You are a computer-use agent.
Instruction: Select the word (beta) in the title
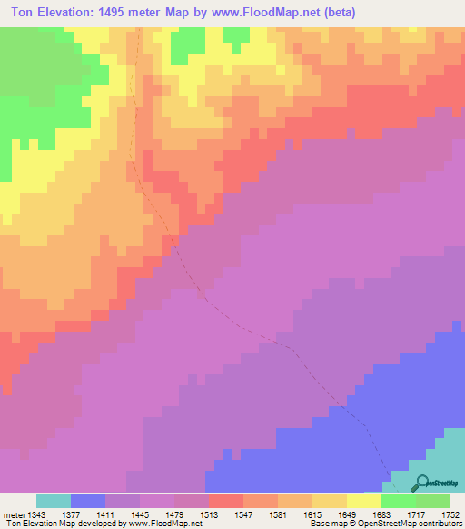tap(339, 13)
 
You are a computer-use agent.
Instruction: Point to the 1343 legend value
tap(36, 514)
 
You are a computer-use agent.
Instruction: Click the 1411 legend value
tap(105, 514)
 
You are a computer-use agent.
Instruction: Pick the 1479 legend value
tap(174, 514)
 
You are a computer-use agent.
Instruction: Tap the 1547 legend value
tap(243, 514)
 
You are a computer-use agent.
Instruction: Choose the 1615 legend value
tap(312, 514)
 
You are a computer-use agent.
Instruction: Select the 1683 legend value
tap(381, 514)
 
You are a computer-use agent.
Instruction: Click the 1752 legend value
tap(450, 514)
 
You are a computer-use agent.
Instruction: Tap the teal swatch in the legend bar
tap(54, 501)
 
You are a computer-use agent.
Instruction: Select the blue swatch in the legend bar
tap(88, 501)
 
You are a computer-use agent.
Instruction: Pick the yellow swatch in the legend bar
tap(364, 501)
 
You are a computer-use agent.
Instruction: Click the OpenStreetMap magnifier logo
tap(421, 484)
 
